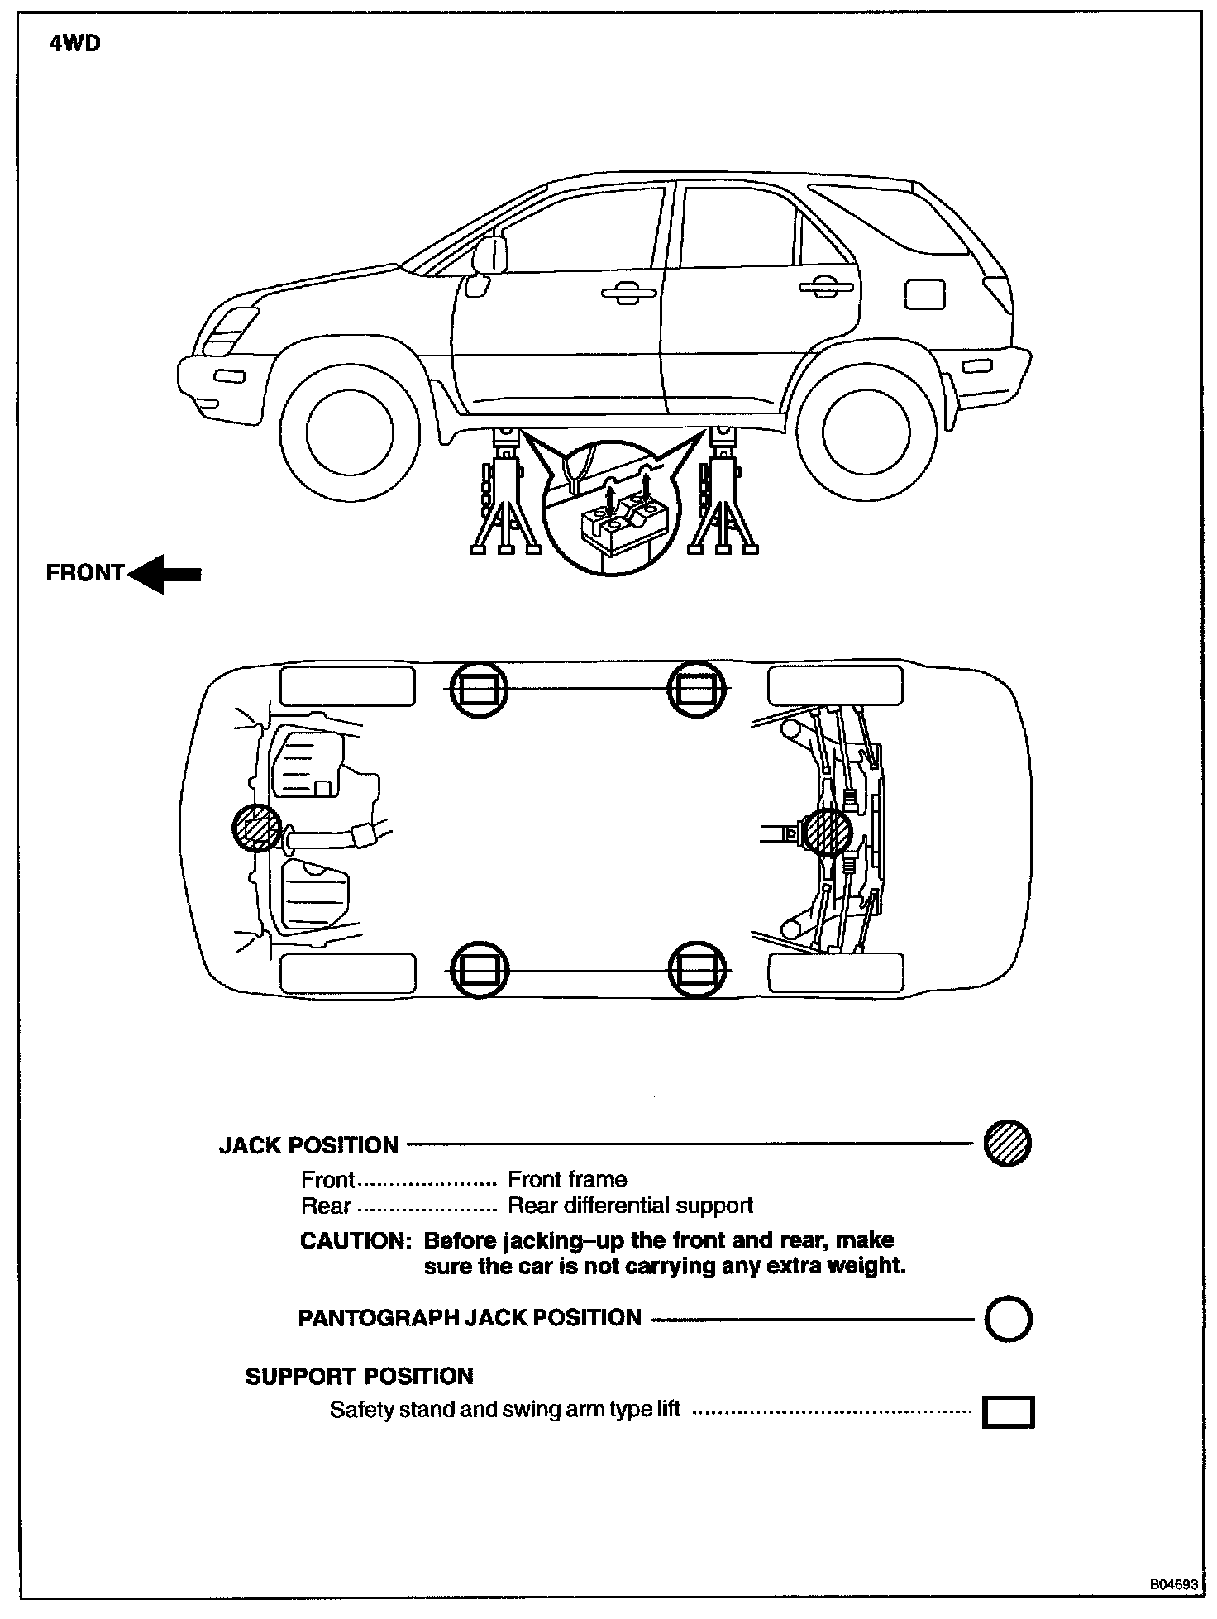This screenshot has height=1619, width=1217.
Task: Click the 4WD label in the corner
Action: (74, 43)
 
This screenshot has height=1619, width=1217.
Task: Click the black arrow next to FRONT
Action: (165, 573)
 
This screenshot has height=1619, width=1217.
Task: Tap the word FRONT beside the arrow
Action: (84, 573)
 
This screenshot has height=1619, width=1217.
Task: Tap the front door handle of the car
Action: (627, 291)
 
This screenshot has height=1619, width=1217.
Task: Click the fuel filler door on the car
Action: (924, 294)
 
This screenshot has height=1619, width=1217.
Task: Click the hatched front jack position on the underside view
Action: (256, 828)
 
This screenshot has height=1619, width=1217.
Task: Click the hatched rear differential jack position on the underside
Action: (828, 831)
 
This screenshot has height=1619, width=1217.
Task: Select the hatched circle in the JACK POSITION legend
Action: (1007, 1144)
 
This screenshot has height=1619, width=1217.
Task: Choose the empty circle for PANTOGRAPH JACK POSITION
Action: (1008, 1319)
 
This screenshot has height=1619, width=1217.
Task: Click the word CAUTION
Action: (355, 1241)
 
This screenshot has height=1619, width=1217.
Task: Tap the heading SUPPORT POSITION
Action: (359, 1377)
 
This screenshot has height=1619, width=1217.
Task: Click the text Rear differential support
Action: (630, 1206)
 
